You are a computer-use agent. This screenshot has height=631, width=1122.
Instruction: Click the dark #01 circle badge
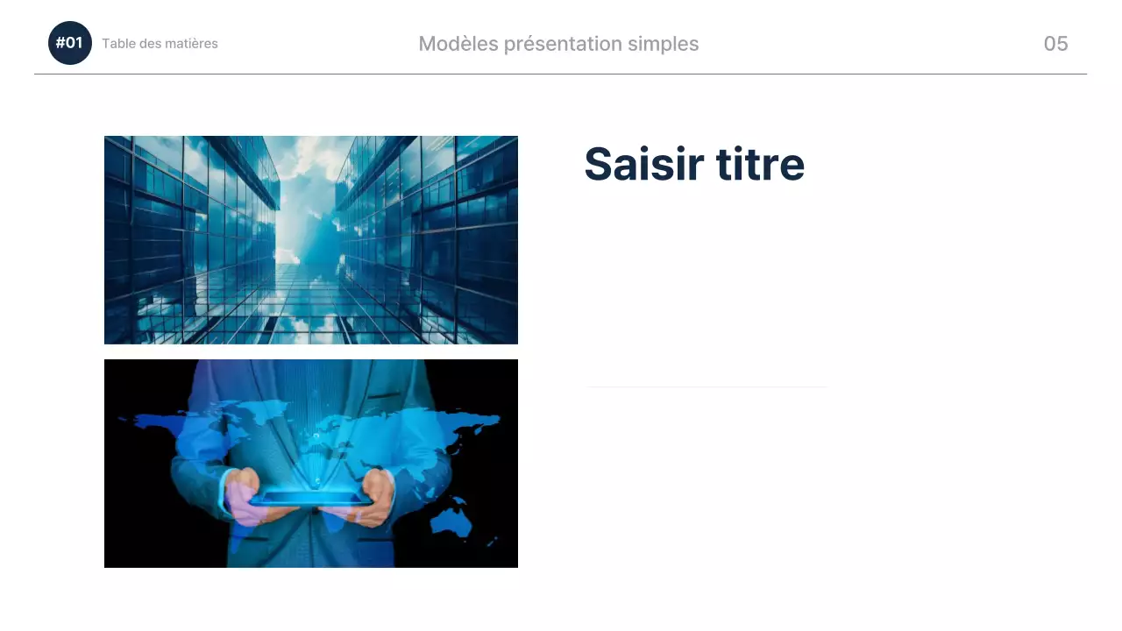(70, 43)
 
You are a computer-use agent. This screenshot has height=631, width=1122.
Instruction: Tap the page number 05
(1055, 44)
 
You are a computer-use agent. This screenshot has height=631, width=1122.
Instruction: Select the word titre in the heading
(760, 164)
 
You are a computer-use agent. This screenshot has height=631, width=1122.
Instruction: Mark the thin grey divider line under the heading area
(707, 386)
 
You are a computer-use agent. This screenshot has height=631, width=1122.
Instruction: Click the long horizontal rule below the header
(561, 74)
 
